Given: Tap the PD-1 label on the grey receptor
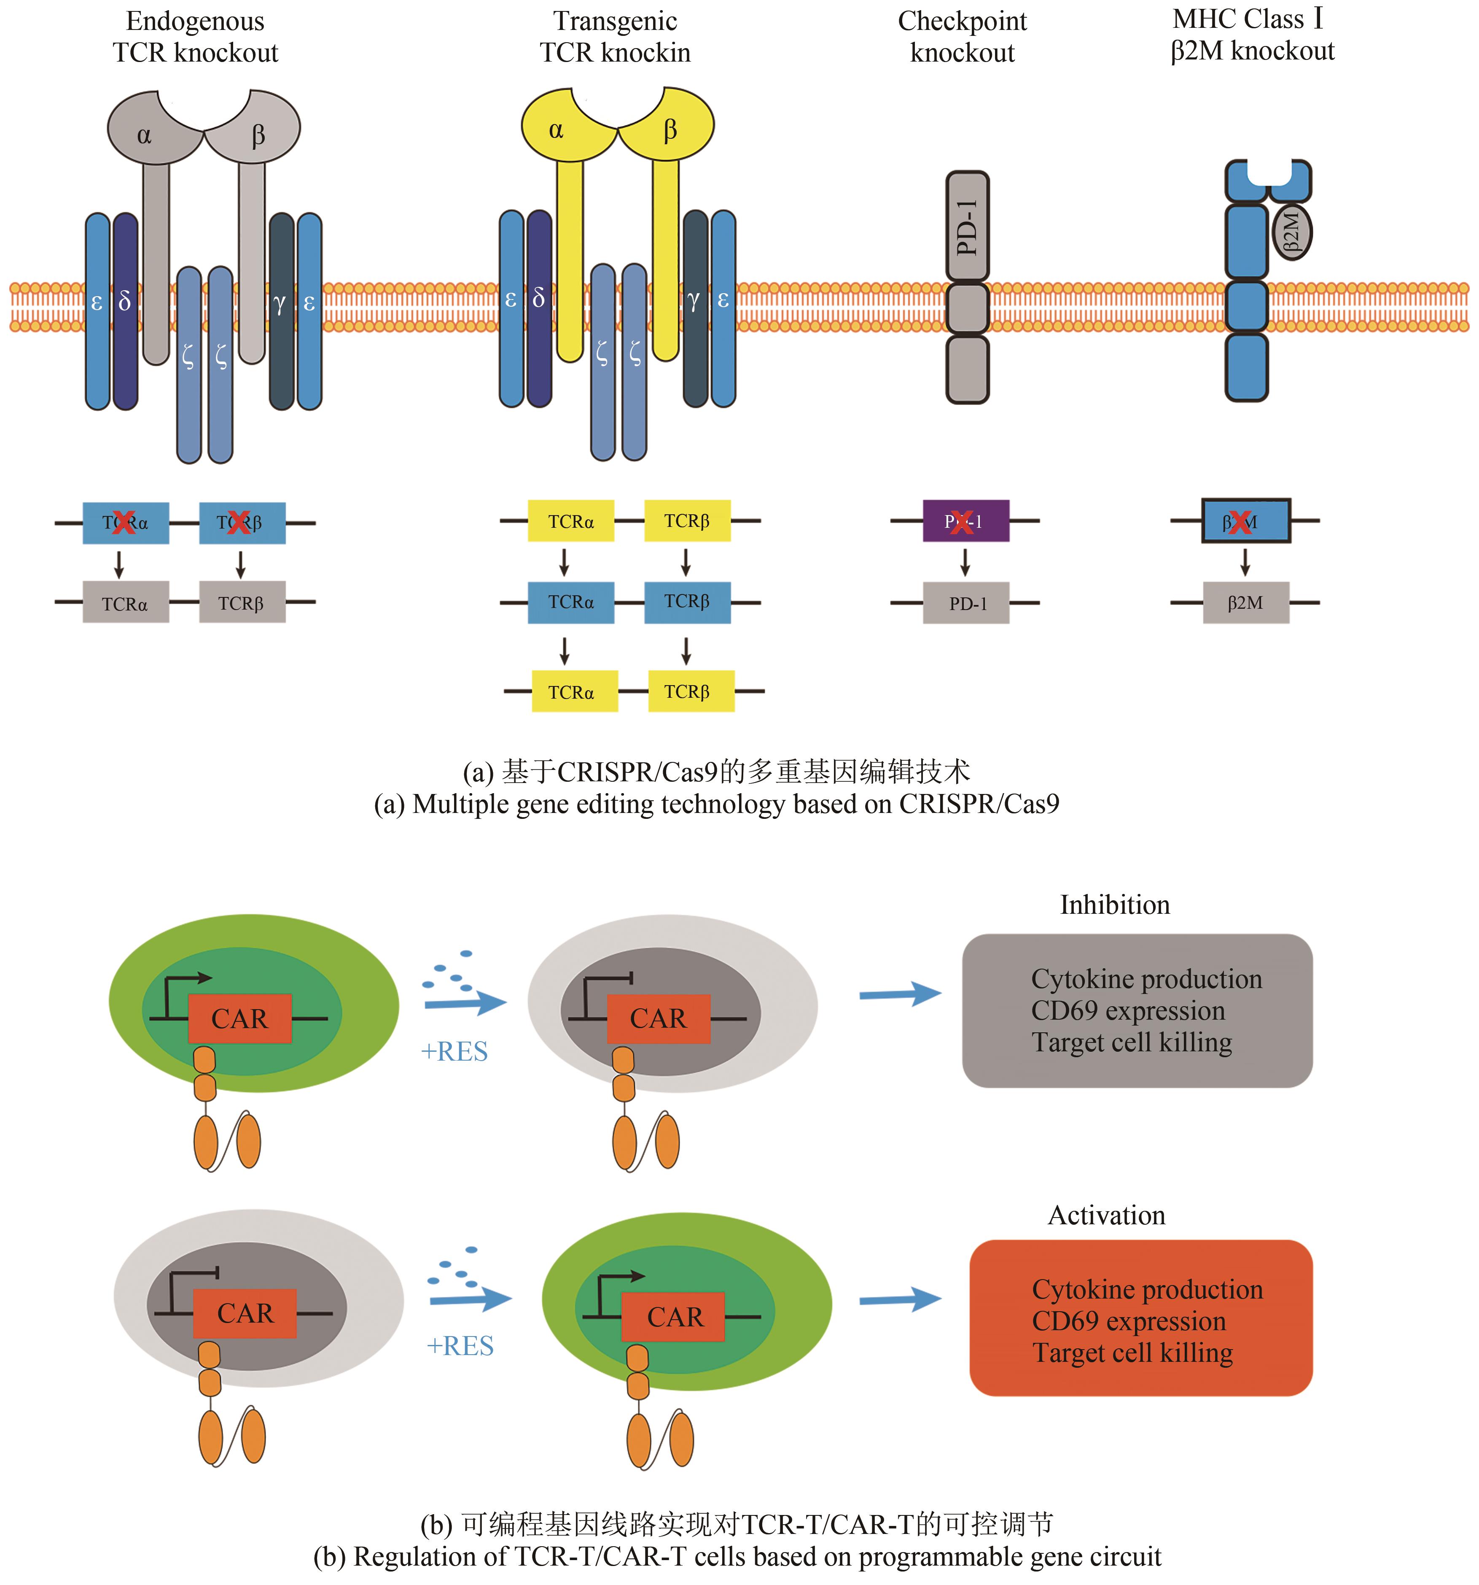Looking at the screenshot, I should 967,227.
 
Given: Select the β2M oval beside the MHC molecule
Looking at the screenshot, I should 1292,232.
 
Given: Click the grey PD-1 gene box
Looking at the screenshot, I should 966,604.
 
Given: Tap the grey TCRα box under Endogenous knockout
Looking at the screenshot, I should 125,604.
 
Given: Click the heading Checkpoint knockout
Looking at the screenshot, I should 962,37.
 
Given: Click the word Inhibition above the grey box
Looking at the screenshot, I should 1114,905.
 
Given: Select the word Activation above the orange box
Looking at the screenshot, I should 1106,1215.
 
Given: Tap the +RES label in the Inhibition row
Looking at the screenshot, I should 453,1052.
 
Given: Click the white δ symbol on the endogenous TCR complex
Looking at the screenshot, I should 124,301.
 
